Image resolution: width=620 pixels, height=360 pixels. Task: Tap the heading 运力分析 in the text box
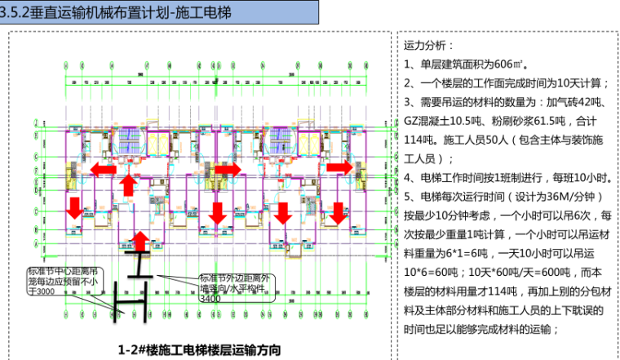point(426,46)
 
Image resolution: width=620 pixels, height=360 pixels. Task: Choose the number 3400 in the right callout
point(210,300)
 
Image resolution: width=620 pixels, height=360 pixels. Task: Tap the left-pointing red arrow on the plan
point(102,169)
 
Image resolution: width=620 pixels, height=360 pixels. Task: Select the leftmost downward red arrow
point(74,208)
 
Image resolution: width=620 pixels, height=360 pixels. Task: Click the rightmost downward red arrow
point(337,214)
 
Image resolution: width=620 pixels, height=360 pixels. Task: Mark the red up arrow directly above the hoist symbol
point(140,241)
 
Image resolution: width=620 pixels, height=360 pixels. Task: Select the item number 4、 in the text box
point(410,178)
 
